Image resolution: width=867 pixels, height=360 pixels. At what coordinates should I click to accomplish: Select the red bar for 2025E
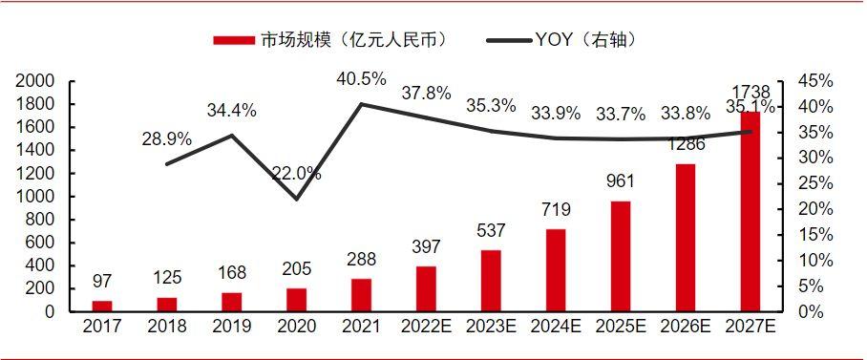click(x=620, y=256)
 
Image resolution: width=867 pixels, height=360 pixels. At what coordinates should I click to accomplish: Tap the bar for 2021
click(x=361, y=295)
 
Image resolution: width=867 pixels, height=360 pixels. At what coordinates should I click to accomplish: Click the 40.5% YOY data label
click(x=361, y=78)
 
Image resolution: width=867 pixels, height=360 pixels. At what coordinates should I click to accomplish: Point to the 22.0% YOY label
click(x=296, y=174)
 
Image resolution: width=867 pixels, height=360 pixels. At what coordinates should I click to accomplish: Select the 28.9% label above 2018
click(x=166, y=138)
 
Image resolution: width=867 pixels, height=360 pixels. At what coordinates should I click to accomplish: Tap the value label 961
click(x=620, y=181)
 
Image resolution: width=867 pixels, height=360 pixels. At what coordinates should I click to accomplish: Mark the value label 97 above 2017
click(x=101, y=281)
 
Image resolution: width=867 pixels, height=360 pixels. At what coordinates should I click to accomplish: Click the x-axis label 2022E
click(x=426, y=328)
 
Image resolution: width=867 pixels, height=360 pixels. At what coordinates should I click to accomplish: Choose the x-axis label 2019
click(x=231, y=328)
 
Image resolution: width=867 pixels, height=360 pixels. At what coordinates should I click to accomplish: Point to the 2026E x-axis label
click(x=686, y=328)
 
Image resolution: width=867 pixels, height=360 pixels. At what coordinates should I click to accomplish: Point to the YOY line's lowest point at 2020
click(x=296, y=199)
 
